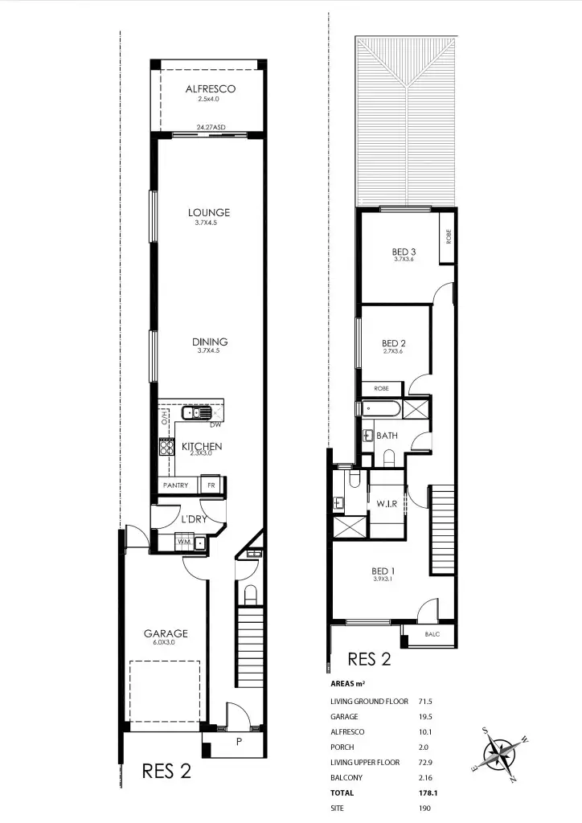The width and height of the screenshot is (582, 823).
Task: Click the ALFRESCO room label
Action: tap(209, 88)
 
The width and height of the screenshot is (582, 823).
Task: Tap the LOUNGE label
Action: tap(209, 212)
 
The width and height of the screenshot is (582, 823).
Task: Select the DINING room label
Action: tap(209, 341)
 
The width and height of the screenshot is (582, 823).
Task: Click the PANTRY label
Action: tap(175, 485)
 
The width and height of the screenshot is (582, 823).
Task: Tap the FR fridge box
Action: tap(211, 485)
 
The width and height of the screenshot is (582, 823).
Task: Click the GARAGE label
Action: tap(166, 633)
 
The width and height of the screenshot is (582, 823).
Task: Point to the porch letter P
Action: tap(238, 743)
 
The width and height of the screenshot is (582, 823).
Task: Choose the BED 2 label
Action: tap(393, 342)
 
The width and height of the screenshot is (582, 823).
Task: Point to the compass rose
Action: tap(502, 753)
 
